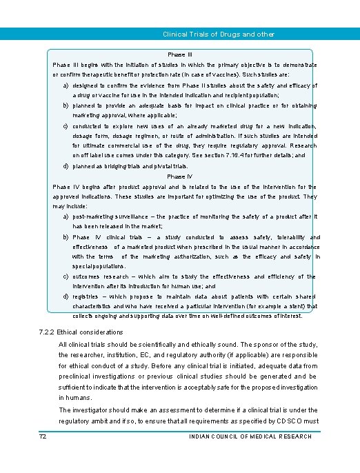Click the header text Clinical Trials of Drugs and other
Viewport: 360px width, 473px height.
tap(218, 34)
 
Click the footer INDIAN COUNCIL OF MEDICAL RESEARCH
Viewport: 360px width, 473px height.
tap(250, 436)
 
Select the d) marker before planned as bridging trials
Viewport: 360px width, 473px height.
tap(65, 166)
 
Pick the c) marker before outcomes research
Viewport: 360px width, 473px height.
tap(65, 276)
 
